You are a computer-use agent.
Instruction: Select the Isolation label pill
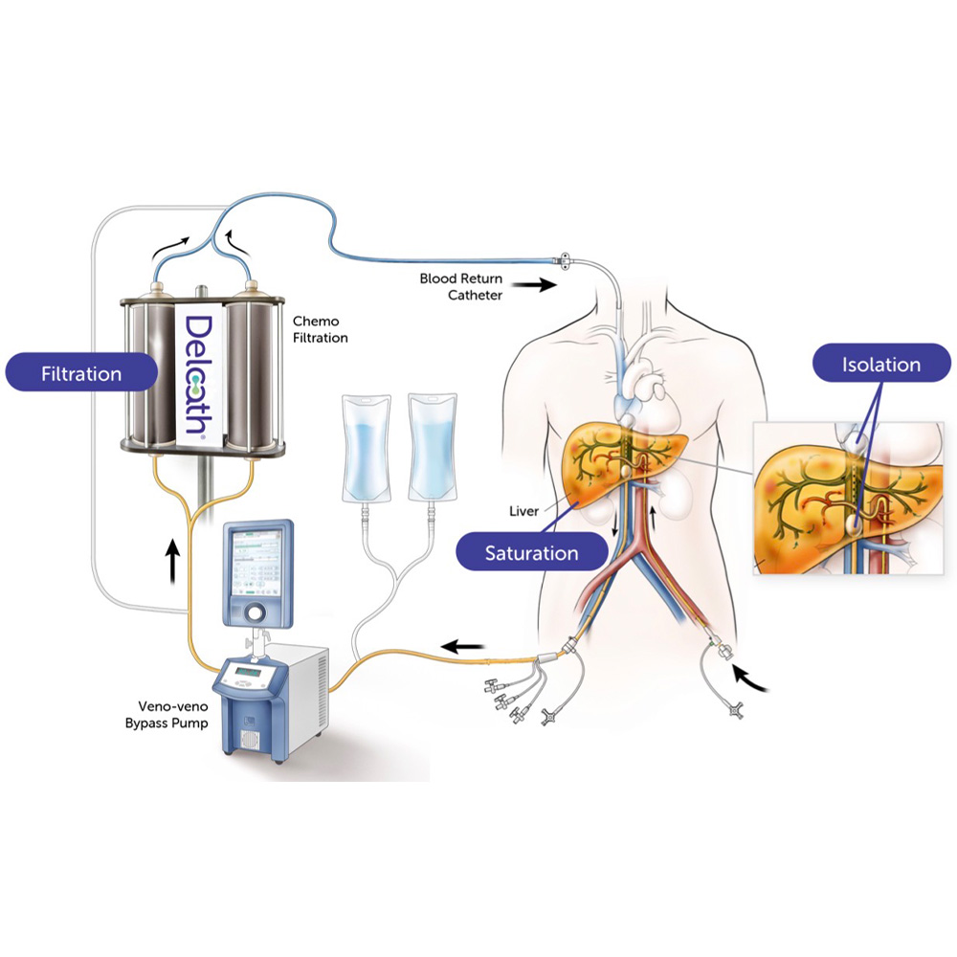click(880, 365)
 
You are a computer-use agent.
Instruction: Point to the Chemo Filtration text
click(321, 330)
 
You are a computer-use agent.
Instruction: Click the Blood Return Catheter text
click(459, 287)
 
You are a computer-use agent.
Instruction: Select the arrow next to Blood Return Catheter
click(534, 285)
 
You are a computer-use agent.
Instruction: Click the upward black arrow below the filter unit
click(173, 561)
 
